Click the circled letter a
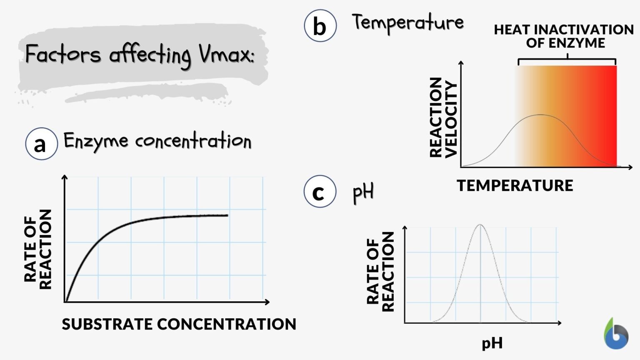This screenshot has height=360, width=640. (x=41, y=144)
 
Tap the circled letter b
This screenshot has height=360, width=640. (x=320, y=26)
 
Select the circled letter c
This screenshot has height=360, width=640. (x=320, y=192)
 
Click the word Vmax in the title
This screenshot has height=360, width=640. (x=225, y=54)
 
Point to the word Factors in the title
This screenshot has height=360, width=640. (x=63, y=54)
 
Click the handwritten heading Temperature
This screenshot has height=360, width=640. (x=407, y=22)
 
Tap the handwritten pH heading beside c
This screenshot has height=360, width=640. (x=363, y=192)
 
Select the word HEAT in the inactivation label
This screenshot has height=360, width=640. (x=512, y=30)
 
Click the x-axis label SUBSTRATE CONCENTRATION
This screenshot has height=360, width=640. (x=179, y=324)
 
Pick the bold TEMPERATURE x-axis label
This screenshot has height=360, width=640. (x=515, y=185)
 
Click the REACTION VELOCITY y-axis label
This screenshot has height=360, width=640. (x=443, y=117)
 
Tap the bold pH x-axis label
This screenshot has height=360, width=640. (x=492, y=343)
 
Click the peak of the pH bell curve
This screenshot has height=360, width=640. (x=480, y=225)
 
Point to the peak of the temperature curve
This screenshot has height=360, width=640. (x=540, y=115)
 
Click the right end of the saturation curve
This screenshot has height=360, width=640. (x=227, y=215)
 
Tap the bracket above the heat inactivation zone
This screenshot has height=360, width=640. (x=567, y=60)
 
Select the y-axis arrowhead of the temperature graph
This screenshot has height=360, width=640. (x=461, y=63)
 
